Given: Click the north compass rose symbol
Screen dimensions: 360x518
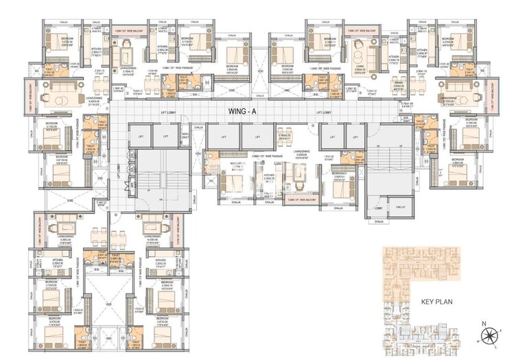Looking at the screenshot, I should pos(491,335).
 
